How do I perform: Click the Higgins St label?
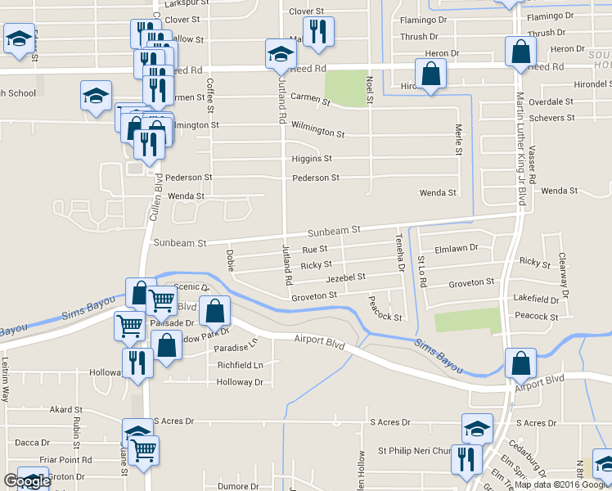tap(312, 159)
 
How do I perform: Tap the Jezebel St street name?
tap(345, 278)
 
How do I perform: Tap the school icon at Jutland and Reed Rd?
tap(280, 54)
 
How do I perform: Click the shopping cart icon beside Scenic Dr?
tap(161, 300)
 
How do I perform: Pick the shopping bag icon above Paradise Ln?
tap(214, 311)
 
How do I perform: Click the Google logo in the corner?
tap(27, 481)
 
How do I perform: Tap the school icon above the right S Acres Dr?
tap(477, 428)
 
